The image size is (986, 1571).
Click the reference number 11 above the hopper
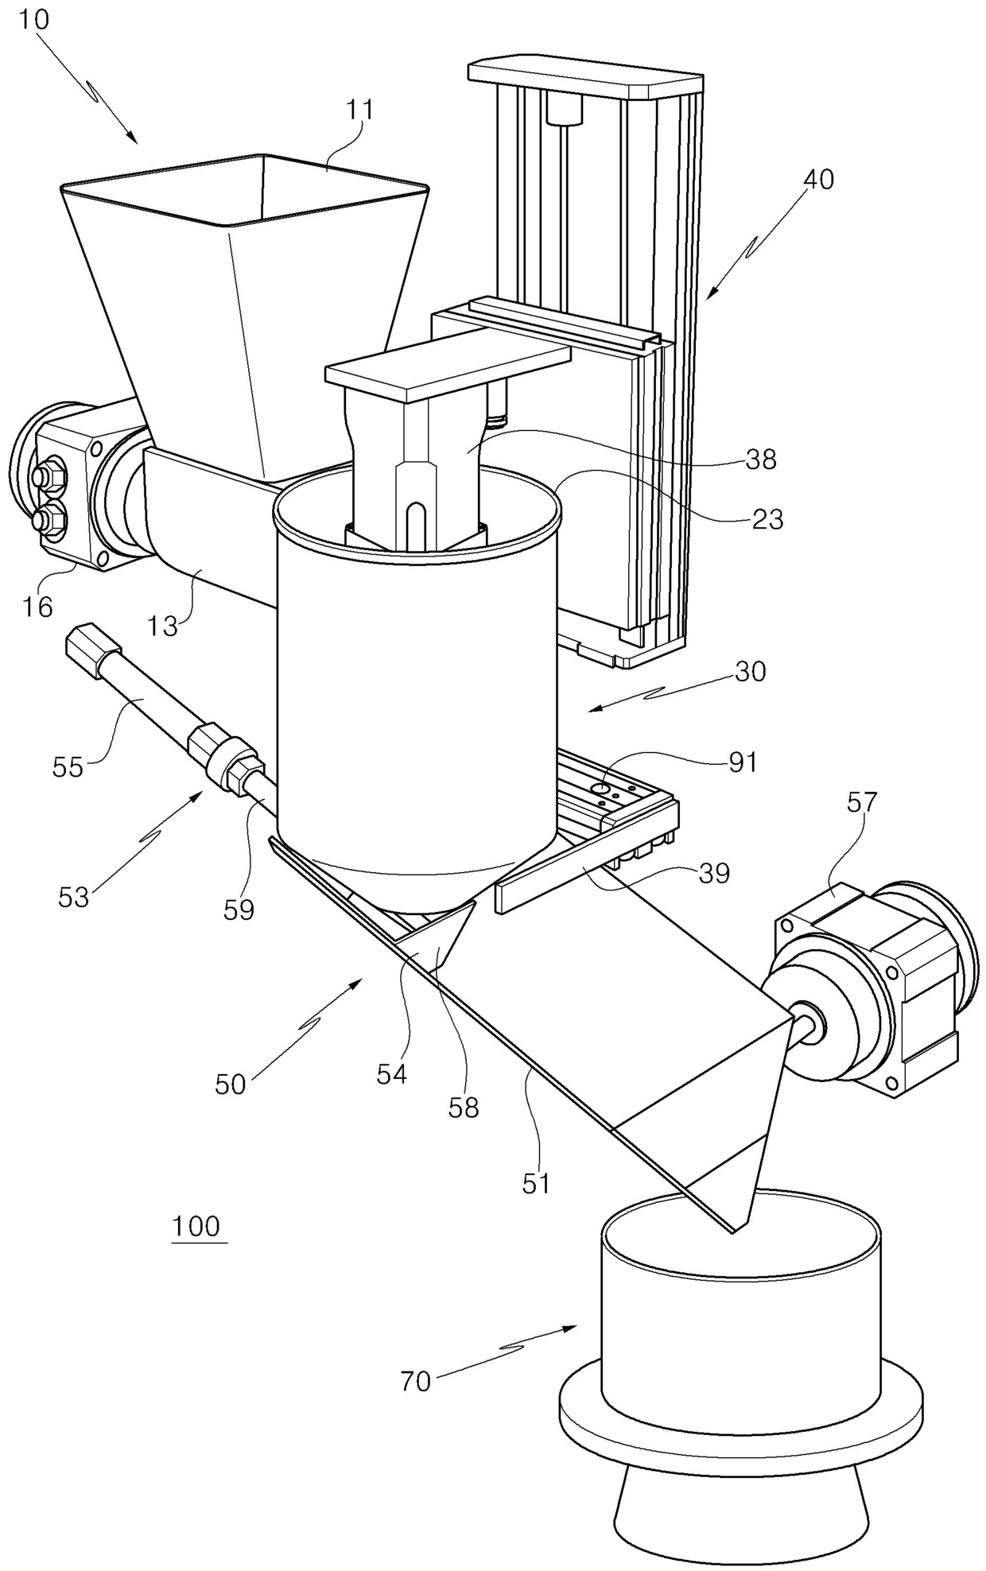359,111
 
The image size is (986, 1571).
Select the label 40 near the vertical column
818,180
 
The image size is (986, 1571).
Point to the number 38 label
760,459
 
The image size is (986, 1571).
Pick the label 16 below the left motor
37,607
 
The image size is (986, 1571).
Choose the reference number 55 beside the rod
67,767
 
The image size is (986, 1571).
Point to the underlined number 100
196,1226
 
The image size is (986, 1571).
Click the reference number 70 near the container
415,1382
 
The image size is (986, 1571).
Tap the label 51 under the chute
536,1184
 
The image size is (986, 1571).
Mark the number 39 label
713,874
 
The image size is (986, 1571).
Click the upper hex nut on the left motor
41,479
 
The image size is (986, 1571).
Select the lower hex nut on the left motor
45,522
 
